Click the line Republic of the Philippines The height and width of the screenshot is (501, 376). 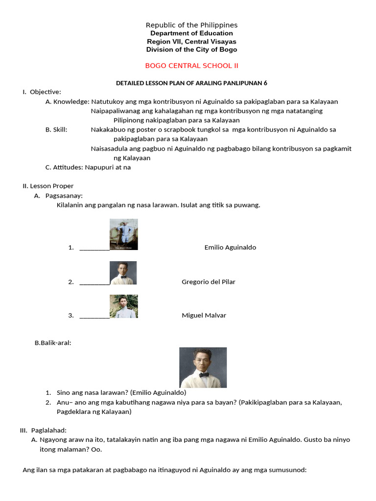(191, 25)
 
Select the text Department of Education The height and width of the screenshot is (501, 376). (191, 33)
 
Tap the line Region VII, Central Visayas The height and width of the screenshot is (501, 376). (191, 42)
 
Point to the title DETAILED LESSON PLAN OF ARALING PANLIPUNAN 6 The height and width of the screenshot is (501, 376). (191, 83)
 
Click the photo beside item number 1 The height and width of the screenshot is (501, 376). (123, 234)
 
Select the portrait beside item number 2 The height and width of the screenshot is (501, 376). (123, 273)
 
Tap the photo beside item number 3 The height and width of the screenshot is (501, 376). (123, 306)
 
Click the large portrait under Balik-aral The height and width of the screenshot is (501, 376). (203, 367)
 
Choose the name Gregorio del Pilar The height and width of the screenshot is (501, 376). (208, 282)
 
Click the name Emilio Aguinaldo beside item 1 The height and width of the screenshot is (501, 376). (230, 248)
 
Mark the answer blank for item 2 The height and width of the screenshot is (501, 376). (94, 282)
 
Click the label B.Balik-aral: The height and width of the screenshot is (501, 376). (53, 343)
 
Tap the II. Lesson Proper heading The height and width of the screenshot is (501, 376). (48, 186)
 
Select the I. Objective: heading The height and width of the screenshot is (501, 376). (42, 92)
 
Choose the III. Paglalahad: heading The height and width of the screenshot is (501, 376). (39, 431)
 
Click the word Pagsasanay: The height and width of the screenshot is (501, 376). (64, 196)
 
